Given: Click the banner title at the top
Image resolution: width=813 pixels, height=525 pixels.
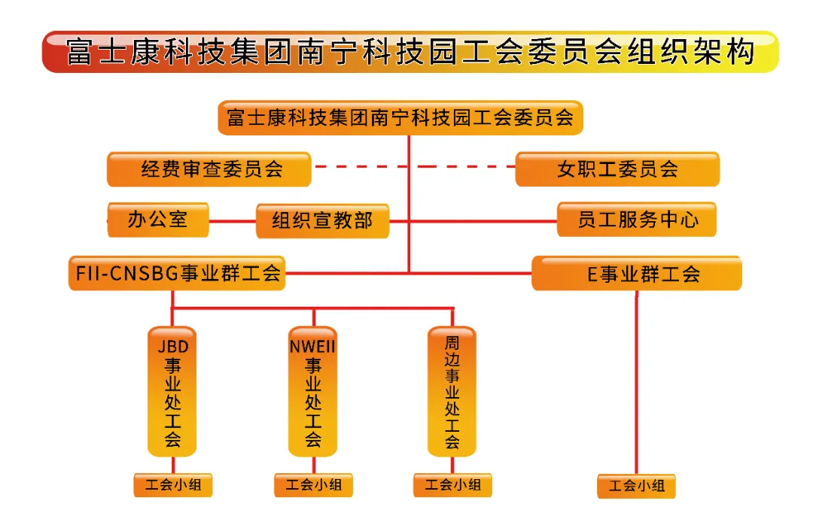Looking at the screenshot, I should [410, 52].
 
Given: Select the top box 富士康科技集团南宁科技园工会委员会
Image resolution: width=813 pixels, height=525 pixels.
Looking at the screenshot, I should [400, 118].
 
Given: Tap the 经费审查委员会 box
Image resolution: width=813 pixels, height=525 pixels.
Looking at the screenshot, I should [209, 169].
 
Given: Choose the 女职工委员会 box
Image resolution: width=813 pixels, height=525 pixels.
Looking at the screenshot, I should [617, 169].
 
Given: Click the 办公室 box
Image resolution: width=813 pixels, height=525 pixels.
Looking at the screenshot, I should [157, 220].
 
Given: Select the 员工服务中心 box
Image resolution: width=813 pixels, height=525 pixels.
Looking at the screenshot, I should [637, 220].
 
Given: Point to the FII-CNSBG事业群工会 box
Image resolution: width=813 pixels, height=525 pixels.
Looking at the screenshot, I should [178, 273].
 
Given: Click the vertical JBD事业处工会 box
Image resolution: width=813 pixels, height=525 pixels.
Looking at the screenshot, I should [172, 391].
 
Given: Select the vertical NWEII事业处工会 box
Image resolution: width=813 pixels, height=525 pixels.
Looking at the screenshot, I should [313, 391].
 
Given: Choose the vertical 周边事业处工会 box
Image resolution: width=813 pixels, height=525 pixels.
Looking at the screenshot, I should [452, 391].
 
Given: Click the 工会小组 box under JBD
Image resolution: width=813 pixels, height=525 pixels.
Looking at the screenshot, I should [173, 485].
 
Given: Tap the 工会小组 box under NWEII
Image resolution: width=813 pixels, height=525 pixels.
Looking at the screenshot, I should [313, 485].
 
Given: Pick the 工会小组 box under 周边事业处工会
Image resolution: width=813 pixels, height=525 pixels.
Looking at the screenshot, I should [452, 485].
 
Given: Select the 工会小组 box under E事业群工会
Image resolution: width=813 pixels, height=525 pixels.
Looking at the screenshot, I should [637, 486].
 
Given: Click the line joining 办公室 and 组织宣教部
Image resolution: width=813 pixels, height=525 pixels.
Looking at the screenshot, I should [232, 221].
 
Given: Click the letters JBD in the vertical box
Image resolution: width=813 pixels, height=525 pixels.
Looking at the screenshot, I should [172, 347].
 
